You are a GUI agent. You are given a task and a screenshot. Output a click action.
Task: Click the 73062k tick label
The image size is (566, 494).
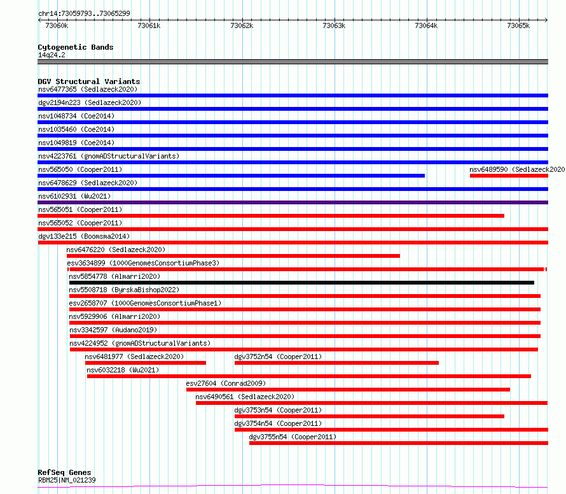tap(242, 25)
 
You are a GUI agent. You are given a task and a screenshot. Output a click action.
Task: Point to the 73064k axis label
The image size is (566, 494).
tap(426, 25)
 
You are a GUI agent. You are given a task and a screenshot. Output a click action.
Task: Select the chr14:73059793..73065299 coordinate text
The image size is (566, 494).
tap(84, 13)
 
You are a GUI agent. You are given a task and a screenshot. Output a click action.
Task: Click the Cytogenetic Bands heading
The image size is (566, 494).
tap(76, 47)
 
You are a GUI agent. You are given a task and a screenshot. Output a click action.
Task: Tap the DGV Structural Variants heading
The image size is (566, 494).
tap(89, 81)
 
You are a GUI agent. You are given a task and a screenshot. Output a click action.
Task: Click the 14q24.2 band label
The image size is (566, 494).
tap(52, 55)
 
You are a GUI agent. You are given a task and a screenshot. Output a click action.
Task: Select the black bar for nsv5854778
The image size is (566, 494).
tap(301, 283)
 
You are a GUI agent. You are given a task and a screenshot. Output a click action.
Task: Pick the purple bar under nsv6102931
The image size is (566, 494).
tap(293, 202)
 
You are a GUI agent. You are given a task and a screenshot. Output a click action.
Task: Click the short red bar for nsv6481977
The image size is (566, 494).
tap(146, 363)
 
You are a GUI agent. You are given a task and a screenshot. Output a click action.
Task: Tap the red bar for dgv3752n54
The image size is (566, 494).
tap(336, 363)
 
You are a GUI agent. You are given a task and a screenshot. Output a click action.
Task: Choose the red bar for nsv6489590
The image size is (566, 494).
tap(509, 176)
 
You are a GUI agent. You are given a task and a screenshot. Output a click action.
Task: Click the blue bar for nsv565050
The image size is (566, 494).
tap(231, 176)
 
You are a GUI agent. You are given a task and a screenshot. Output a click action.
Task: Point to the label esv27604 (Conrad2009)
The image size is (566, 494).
tap(226, 383)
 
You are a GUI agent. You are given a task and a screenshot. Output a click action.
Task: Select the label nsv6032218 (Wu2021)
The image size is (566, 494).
tap(123, 370)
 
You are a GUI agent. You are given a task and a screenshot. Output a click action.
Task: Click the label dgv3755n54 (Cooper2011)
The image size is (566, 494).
tap(293, 437)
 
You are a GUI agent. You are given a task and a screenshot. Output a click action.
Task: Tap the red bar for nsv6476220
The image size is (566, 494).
tap(233, 256)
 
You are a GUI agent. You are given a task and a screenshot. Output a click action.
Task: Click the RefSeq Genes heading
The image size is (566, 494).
tap(64, 472)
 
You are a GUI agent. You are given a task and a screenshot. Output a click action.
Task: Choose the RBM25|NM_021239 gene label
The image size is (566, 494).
tap(67, 480)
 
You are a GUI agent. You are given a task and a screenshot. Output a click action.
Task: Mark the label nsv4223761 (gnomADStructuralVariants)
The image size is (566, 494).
tap(109, 156)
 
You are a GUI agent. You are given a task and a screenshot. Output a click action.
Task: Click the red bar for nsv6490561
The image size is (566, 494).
tap(372, 403)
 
